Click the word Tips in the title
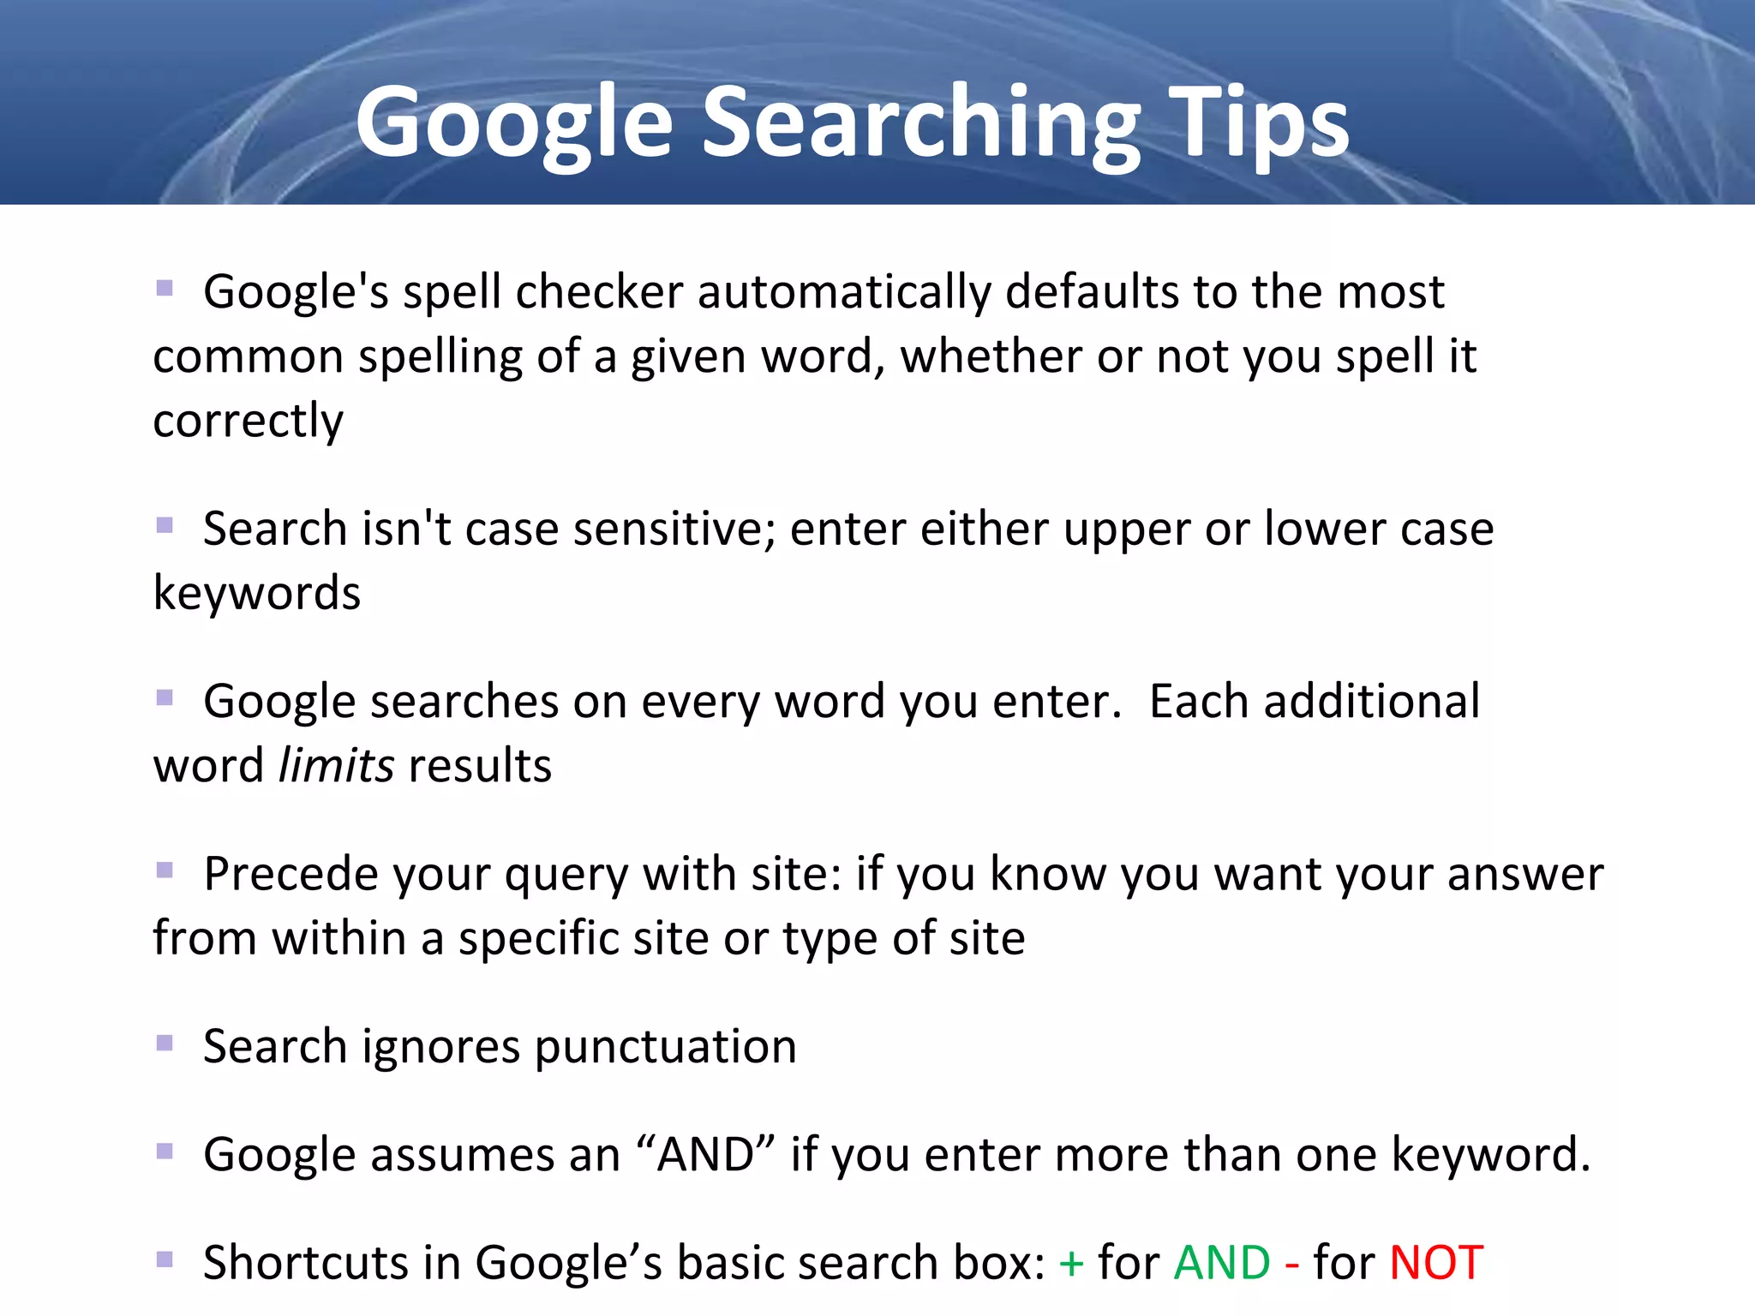tap(1259, 124)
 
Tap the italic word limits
tap(337, 765)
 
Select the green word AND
tap(1222, 1262)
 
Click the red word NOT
tap(1436, 1262)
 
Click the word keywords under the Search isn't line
tap(257, 593)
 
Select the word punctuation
tap(666, 1047)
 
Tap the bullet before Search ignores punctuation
tap(165, 1044)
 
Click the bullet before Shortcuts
tap(165, 1259)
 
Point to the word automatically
tap(844, 292)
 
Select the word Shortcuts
tap(304, 1262)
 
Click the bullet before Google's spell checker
tap(165, 288)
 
